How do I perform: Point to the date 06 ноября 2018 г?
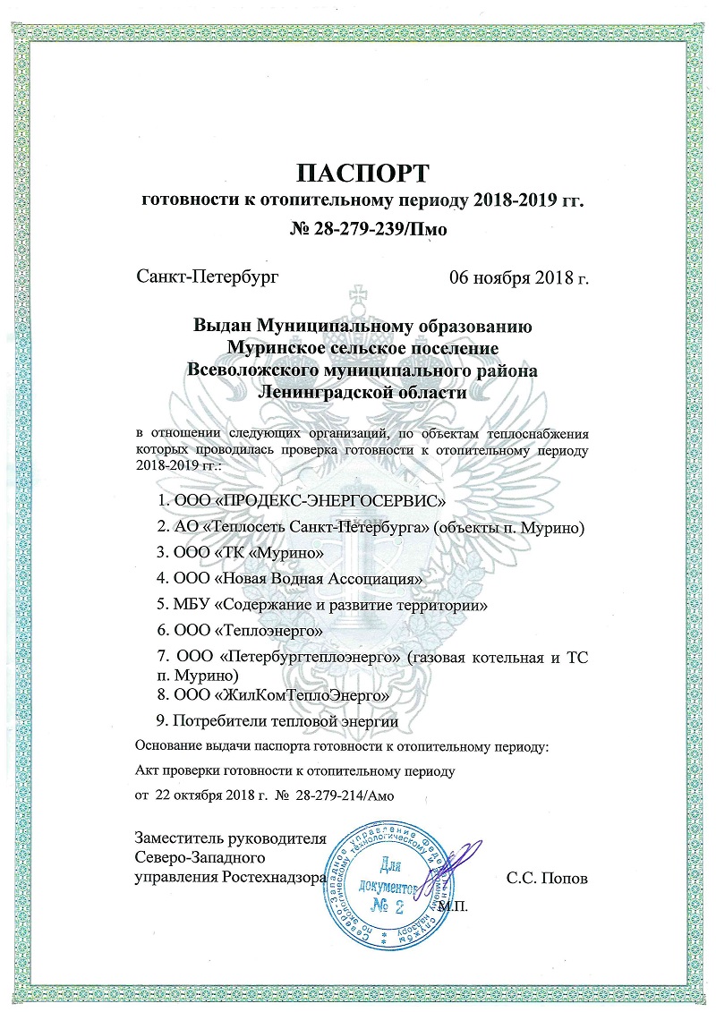click(518, 278)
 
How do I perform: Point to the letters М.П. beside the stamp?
click(456, 906)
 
